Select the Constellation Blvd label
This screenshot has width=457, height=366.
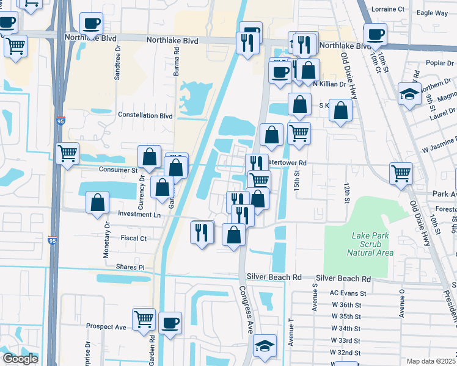[x=145, y=115]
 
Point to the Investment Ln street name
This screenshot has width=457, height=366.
[x=140, y=215]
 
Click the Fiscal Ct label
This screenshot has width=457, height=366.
[x=134, y=239]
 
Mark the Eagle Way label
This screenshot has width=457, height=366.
[x=433, y=13]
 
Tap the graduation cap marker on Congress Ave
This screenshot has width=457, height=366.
[x=265, y=345]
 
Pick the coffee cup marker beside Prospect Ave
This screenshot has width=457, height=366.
[x=170, y=322]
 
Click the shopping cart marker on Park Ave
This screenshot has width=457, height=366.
[x=401, y=173]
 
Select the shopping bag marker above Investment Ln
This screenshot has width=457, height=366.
[x=97, y=203]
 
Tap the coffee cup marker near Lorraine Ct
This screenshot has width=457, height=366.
[x=375, y=34]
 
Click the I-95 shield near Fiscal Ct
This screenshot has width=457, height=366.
[x=53, y=241]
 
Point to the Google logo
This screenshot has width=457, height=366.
[x=20, y=359]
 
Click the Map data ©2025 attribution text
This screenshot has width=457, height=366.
[x=431, y=361]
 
